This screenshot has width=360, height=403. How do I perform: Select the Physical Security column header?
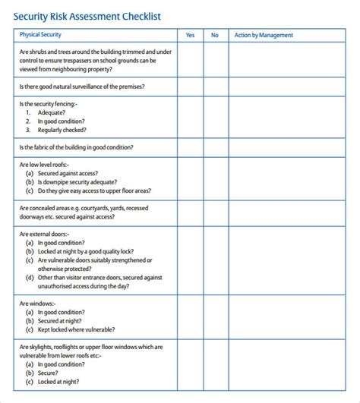40,35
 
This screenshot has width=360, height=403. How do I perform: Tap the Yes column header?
190,35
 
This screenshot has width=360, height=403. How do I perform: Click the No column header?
215,35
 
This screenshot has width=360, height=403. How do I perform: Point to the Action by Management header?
264,35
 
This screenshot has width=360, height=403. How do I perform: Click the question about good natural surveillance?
81,87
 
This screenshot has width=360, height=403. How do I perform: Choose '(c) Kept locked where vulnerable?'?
70,329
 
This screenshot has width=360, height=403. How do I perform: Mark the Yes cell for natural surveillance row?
190,87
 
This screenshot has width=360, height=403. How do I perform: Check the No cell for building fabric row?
215,147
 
